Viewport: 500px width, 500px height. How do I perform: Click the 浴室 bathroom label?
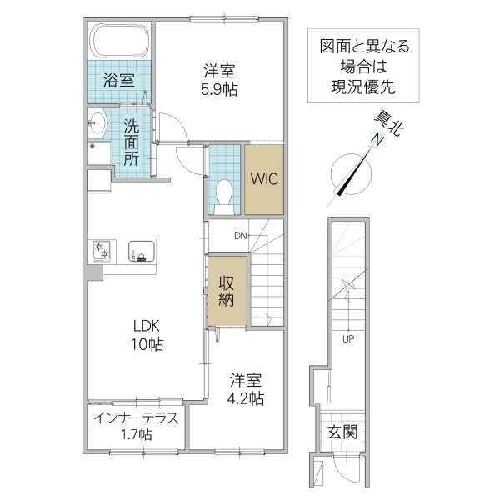coord(118,81)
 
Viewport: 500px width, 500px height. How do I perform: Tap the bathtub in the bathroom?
coord(119,39)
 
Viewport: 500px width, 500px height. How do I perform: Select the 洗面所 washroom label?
coord(132,142)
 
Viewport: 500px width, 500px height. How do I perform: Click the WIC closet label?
coord(263,179)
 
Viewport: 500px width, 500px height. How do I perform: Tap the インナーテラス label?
coord(136,418)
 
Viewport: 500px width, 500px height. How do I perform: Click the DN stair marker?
coord(240,236)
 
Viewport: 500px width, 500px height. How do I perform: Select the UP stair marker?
coord(347,339)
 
